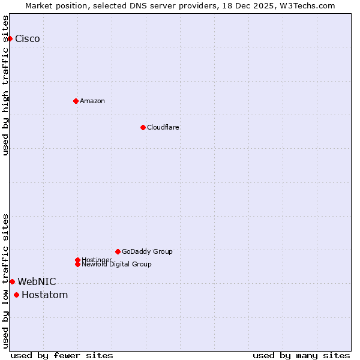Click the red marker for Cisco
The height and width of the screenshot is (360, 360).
pyautogui.click(x=10, y=39)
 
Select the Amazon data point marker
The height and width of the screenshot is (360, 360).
pyautogui.click(x=76, y=101)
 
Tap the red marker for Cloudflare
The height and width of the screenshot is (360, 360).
pyautogui.click(x=143, y=127)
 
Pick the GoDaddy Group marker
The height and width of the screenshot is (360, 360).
pyautogui.click(x=118, y=251)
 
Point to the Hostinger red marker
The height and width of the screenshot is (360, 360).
pyautogui.click(x=77, y=260)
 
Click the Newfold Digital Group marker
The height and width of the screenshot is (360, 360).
pyautogui.click(x=77, y=265)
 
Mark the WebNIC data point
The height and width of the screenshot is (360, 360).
pyautogui.click(x=12, y=281)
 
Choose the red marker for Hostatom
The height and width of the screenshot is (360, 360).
pyautogui.click(x=16, y=295)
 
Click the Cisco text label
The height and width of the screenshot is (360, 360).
pyautogui.click(x=28, y=39)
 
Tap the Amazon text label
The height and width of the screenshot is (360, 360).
pyautogui.click(x=92, y=101)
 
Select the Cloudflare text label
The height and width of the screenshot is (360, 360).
pyautogui.click(x=163, y=127)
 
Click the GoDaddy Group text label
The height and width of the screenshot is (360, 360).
pyautogui.click(x=147, y=251)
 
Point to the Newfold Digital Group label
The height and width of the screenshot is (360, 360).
pyautogui.click(x=117, y=265)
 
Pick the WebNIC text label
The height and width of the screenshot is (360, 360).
pyautogui.click(x=37, y=281)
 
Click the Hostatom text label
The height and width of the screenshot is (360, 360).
pyautogui.click(x=45, y=295)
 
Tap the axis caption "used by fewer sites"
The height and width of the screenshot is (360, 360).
pyautogui.click(x=62, y=355)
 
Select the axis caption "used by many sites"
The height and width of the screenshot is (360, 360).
pyautogui.click(x=301, y=355)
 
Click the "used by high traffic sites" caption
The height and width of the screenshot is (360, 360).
pyautogui.click(x=6, y=85)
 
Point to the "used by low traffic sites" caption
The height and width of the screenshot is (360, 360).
pyautogui.click(x=6, y=281)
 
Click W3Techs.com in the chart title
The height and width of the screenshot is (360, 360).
pyautogui.click(x=306, y=5)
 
